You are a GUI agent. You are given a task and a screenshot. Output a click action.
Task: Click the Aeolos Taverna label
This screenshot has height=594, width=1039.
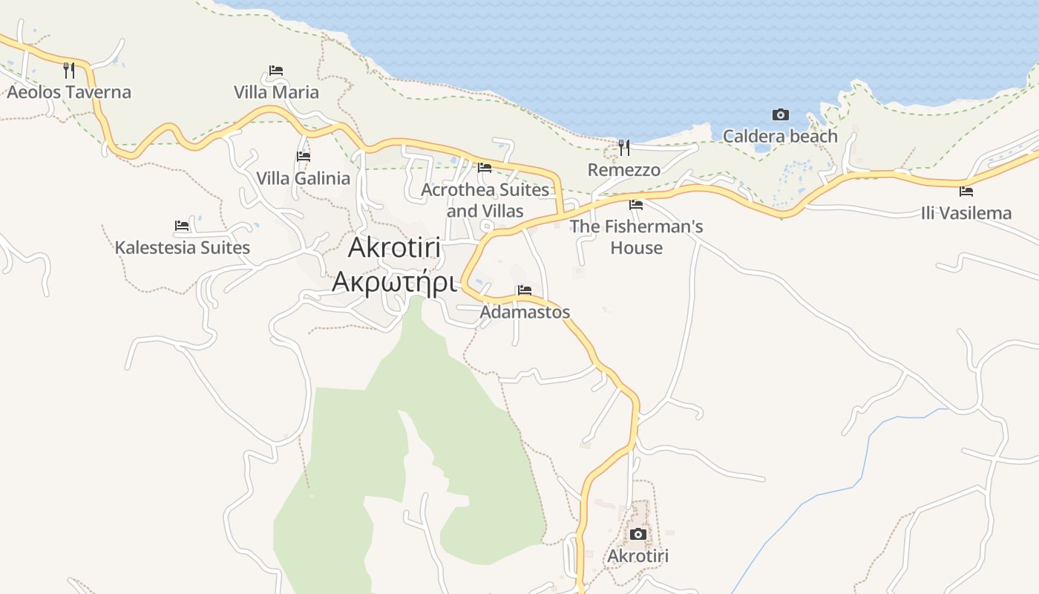tap(69, 92)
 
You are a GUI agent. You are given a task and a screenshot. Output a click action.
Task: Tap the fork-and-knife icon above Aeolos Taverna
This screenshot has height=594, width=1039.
tap(69, 71)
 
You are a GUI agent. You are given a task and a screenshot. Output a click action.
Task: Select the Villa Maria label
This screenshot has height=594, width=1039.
tap(276, 92)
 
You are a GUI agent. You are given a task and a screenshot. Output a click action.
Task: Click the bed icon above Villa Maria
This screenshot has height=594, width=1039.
tap(276, 71)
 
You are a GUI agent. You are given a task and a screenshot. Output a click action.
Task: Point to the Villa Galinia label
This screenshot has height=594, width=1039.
tap(303, 178)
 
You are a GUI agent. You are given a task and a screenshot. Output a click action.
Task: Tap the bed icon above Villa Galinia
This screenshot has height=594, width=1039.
tap(304, 157)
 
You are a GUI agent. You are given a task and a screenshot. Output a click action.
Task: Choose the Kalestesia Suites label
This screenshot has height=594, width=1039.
tap(182, 247)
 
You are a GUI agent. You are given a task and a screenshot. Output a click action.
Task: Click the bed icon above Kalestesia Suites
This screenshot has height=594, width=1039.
tap(182, 226)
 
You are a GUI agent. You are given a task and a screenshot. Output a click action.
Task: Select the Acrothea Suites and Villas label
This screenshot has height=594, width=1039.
tap(485, 200)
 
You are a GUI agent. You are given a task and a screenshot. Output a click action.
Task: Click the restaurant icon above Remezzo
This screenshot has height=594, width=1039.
tap(624, 148)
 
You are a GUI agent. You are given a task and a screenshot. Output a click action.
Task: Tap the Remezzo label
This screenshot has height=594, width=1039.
tap(624, 170)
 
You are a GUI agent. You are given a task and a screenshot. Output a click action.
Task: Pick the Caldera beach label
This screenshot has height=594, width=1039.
tap(780, 137)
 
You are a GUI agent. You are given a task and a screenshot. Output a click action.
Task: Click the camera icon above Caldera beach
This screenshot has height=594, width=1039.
tap(780, 115)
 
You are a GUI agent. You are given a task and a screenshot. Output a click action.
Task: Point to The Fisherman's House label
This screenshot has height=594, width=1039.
tap(636, 236)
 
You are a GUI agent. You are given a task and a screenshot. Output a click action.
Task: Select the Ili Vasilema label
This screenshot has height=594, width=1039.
tap(966, 213)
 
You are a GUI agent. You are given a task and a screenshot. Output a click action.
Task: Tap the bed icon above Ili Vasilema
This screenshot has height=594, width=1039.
tap(966, 192)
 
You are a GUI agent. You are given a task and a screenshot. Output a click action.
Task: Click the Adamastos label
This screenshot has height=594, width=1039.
tap(525, 312)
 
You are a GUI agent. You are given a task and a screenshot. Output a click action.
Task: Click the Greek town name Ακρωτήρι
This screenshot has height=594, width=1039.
tap(393, 282)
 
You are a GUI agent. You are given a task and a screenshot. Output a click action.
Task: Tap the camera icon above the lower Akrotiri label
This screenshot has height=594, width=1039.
tap(638, 535)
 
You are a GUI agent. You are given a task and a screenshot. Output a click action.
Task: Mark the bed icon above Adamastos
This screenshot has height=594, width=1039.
tap(525, 290)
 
